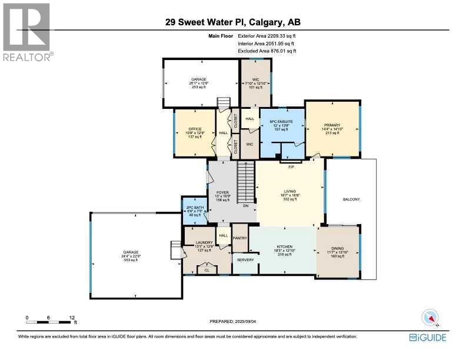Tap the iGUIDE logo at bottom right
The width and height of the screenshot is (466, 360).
[x=428, y=337]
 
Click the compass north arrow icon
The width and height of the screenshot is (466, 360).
[x=431, y=318]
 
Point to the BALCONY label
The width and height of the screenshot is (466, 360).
[x=351, y=199]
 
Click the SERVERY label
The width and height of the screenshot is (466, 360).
[x=245, y=259]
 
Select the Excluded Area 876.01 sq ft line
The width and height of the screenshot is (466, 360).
[x=267, y=51]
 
